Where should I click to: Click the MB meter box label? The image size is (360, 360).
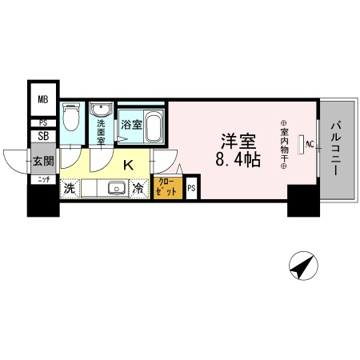pos(43,100)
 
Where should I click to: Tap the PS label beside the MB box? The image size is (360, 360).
pos(43,122)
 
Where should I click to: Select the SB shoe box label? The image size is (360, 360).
pos(43,136)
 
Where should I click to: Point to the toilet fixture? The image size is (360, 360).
pos(72,119)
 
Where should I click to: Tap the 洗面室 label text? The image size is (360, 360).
pos(102,130)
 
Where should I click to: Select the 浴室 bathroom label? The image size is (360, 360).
pos(131,125)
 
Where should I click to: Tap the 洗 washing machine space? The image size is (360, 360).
pos(70,190)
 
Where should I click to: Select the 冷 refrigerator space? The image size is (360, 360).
pos(139,190)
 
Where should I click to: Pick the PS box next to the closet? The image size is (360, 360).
pos(191,190)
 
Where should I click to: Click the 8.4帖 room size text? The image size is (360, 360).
pos(236,159)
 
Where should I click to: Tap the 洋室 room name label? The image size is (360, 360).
pos(236,139)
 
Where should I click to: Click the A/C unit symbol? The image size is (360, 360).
pos(302,146)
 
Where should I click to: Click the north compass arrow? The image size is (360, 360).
pos(301,266)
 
